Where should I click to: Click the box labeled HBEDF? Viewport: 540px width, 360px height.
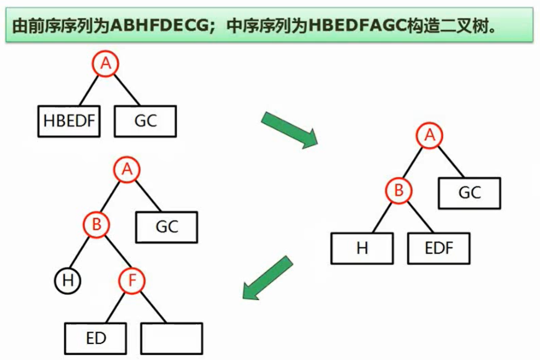pos(69,121)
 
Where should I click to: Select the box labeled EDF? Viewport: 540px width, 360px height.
pos(438,248)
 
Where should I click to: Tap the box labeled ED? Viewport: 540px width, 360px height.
pos(96,338)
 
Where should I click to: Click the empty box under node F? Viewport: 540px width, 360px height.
pos(172,338)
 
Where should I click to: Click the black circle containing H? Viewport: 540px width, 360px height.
pos(67,281)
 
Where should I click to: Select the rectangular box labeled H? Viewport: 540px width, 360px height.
pos(362,248)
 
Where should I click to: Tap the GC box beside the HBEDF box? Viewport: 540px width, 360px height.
pos(145,121)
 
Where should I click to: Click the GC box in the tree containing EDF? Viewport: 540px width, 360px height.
pos(469,193)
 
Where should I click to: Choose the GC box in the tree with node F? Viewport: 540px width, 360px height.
pos(166,227)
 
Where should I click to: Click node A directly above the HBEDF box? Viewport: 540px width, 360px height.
pos(106,64)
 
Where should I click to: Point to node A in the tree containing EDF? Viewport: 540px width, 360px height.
pos(430,136)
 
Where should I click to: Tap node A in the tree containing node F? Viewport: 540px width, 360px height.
pos(127,170)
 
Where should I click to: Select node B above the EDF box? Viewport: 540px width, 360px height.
pos(399,191)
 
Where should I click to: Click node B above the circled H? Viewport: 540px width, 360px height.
pos(97,224)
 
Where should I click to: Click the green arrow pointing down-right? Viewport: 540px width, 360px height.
pos(289,130)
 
